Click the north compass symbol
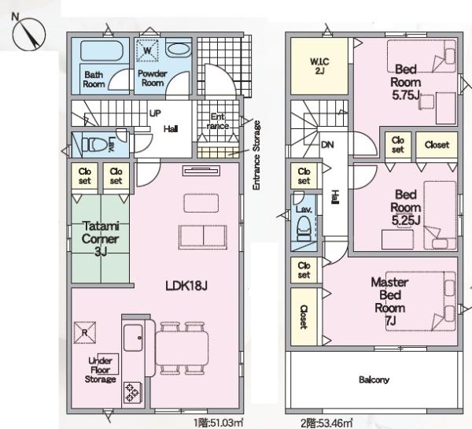click(29, 33)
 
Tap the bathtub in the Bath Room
click(102, 50)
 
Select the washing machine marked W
click(147, 50)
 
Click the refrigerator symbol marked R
click(85, 333)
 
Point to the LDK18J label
click(186, 286)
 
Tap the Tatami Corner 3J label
click(100, 239)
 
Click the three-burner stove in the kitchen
click(132, 392)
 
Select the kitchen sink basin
click(133, 338)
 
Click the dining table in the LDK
click(182, 348)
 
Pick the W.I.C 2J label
click(319, 66)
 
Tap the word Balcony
click(374, 379)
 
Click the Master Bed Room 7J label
click(390, 301)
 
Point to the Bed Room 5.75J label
click(405, 82)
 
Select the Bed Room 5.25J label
click(405, 207)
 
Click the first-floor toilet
click(94, 145)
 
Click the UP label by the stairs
click(155, 113)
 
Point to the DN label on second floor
click(327, 145)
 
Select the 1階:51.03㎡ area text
click(219, 423)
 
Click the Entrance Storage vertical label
click(256, 155)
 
